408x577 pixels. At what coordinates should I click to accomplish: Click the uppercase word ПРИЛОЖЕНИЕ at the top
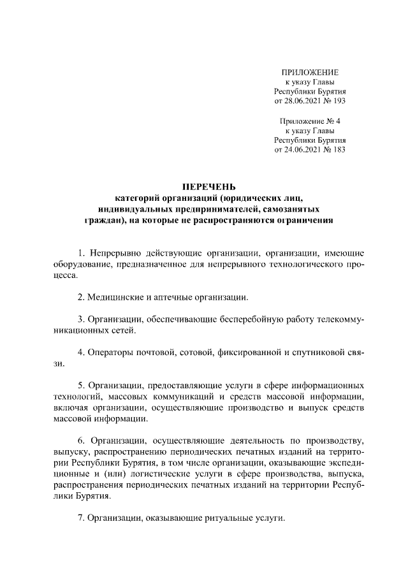(x=310, y=71)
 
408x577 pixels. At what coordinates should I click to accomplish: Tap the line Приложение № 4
(x=310, y=121)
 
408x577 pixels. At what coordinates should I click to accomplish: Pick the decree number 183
(x=339, y=150)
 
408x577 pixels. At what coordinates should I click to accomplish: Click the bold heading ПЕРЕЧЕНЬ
(x=210, y=187)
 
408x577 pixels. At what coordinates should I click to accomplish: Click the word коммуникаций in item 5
(x=170, y=397)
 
